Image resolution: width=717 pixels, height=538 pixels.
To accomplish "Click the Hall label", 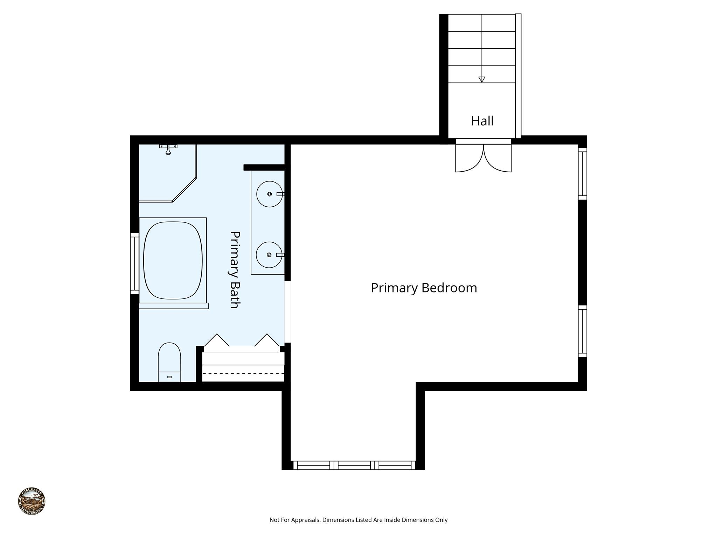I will tap(482, 121).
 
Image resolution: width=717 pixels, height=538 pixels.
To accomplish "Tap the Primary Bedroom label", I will tap(424, 288).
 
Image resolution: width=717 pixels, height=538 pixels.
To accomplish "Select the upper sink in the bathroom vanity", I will tap(270, 194).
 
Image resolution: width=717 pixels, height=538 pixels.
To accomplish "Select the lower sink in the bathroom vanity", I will tap(269, 255).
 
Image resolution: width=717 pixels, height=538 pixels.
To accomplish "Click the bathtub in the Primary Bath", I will tap(173, 260).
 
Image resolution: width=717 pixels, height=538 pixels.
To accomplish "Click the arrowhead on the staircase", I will tap(482, 80).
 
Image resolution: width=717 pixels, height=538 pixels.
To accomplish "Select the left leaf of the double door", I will tap(469, 159).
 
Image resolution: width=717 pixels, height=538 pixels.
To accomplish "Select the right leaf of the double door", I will tap(497, 159).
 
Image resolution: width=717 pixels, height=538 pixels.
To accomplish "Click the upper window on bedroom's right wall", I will tap(582, 174).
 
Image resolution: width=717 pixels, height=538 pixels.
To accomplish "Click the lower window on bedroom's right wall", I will tap(582, 331).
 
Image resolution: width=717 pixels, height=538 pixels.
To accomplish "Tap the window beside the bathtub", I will tap(135, 263).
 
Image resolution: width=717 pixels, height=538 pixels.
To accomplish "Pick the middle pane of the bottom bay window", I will tap(354, 465).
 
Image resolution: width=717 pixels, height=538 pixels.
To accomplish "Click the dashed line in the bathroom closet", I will tap(243, 373).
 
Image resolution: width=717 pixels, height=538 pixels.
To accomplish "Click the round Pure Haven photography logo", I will tap(32, 501).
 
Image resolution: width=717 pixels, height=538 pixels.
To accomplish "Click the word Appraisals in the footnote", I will tap(303, 520).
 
